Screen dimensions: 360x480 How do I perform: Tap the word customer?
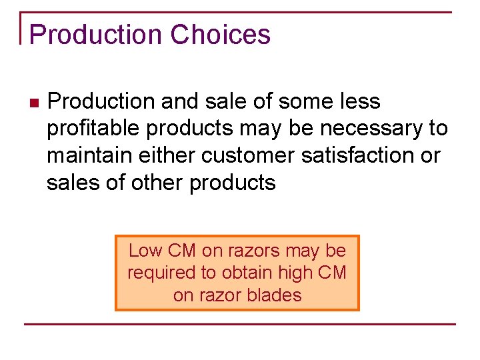[x=246, y=155]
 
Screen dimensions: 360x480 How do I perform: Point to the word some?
[x=301, y=101]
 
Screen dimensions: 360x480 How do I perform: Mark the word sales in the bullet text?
[x=69, y=183]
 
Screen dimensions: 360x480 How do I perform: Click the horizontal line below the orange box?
[x=240, y=325]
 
